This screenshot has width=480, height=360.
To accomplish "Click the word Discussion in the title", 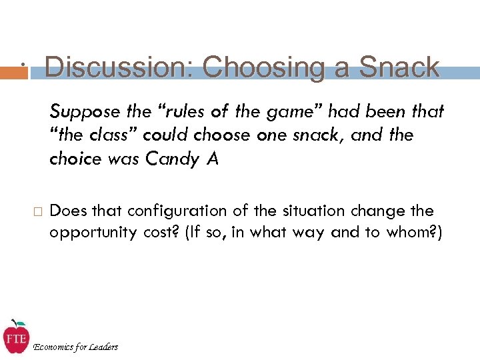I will tap(118, 67).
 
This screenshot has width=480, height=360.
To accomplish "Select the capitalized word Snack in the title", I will tap(399, 67).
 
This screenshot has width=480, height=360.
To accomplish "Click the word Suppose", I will tap(82, 111).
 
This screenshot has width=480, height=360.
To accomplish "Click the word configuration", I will tap(167, 211).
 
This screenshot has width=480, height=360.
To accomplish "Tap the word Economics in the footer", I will tap(56, 347).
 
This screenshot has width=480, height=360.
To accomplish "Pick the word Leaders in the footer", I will tap(103, 347).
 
